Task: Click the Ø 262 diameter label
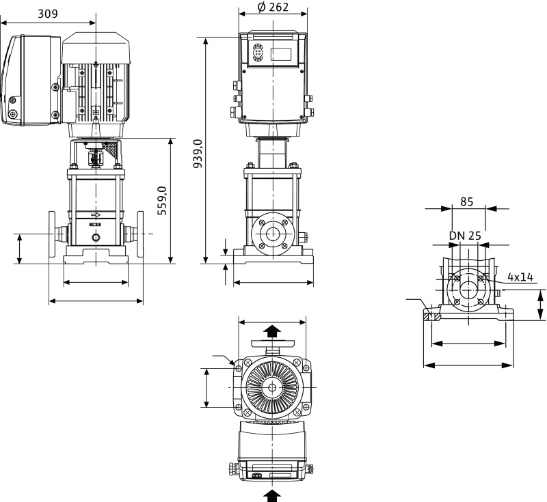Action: tap(273, 8)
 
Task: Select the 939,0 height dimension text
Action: tap(198, 153)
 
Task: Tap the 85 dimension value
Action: tap(467, 201)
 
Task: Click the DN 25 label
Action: tap(465, 236)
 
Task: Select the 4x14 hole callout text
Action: tap(520, 277)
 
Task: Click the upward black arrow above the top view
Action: tap(272, 332)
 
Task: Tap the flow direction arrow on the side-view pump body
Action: tap(96, 215)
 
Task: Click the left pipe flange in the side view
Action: tap(52, 234)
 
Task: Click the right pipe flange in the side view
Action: tap(141, 234)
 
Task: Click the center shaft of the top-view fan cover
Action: tap(272, 388)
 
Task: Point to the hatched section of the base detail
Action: tap(430, 317)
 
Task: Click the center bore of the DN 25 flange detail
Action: tap(468, 289)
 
